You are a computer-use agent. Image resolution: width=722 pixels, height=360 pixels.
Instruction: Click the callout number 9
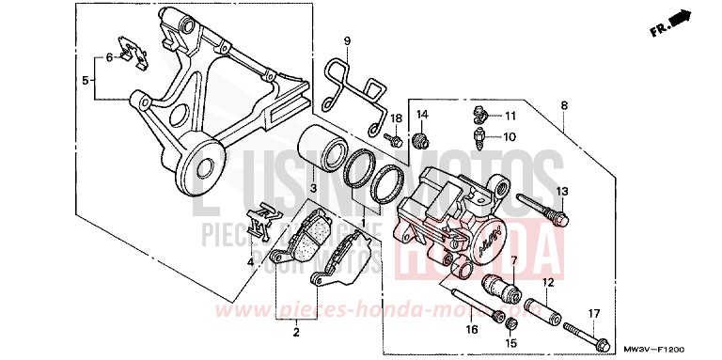(346, 41)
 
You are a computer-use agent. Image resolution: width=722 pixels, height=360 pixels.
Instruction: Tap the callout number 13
(561, 192)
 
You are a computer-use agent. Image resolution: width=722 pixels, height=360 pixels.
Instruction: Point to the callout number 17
(593, 313)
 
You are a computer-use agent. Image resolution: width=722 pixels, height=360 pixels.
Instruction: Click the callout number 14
(422, 115)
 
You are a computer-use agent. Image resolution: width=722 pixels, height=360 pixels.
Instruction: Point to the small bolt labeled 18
(397, 142)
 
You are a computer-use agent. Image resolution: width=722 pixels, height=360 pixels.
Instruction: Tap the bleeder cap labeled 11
(479, 117)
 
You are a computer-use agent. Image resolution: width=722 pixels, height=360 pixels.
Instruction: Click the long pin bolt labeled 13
(544, 209)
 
